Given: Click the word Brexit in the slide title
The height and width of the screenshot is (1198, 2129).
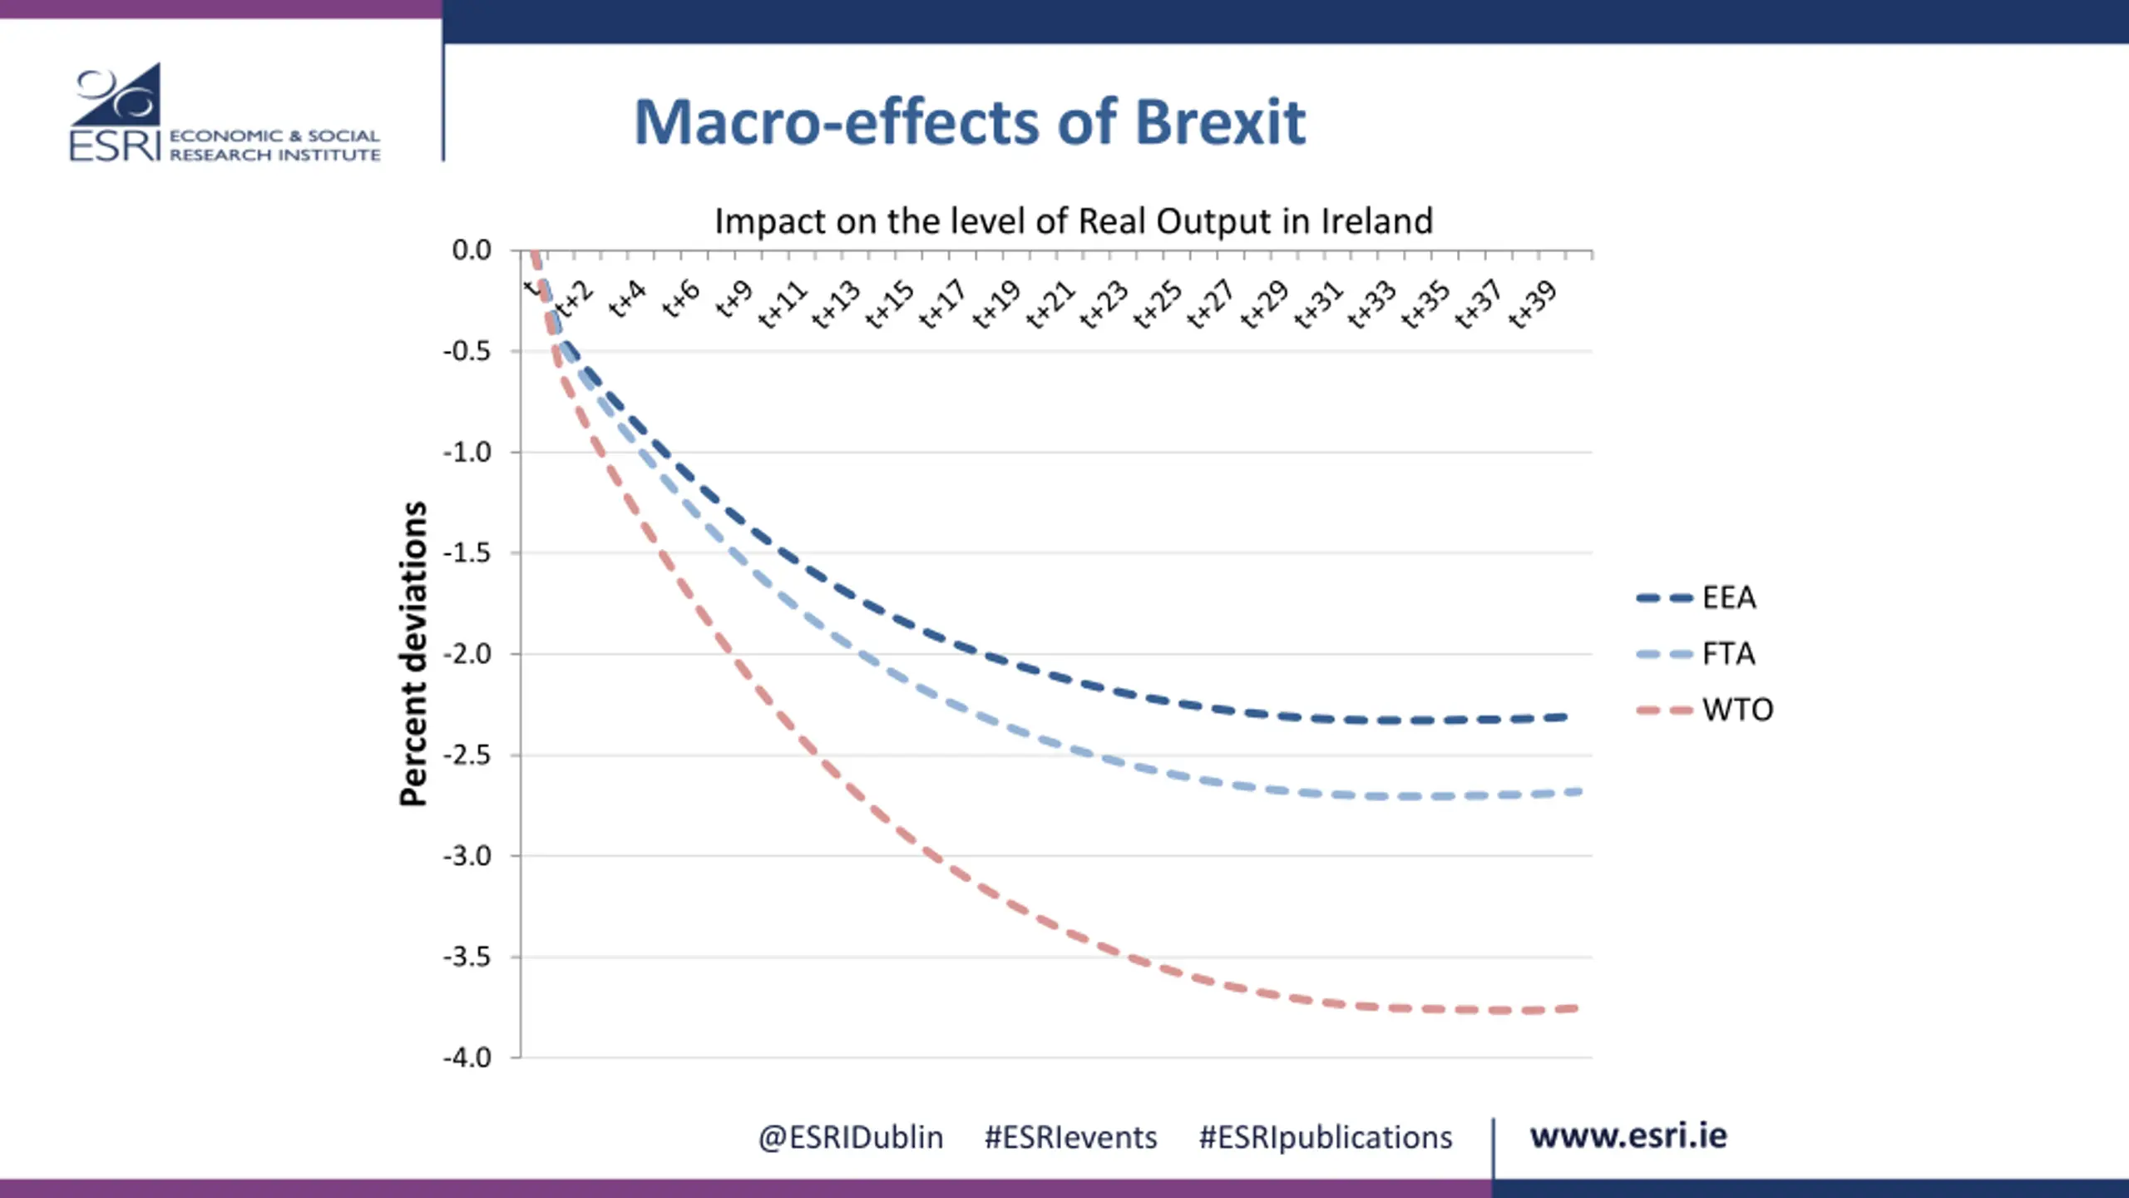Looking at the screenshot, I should click(x=1220, y=123).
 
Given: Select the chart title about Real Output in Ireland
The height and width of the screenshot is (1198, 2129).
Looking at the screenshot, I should click(x=1074, y=221).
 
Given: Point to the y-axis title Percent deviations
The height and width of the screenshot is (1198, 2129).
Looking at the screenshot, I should click(x=413, y=654).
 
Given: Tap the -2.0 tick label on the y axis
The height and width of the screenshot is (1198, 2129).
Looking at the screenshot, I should click(x=467, y=655).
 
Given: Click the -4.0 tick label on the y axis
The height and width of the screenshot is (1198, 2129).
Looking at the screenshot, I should click(x=467, y=1058).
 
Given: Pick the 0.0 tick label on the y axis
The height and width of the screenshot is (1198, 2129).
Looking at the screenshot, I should click(x=472, y=250).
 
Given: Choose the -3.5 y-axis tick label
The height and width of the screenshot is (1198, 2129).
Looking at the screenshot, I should click(x=467, y=958).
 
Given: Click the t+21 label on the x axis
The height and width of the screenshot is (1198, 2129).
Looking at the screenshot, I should click(x=1050, y=305).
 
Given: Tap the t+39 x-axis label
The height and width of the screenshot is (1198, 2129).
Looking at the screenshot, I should click(x=1532, y=305).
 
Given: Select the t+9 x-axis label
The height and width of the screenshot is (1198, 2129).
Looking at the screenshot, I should click(x=734, y=299).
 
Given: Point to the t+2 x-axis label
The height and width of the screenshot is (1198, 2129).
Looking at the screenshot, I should click(x=575, y=299).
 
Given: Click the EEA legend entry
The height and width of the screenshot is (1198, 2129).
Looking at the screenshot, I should click(x=1728, y=598).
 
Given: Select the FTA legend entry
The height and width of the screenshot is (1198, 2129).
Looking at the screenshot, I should click(x=1728, y=654).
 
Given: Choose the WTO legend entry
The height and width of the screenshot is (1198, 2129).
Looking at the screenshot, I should click(x=1736, y=710).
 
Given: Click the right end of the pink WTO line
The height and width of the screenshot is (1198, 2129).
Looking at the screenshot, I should click(x=1574, y=1009).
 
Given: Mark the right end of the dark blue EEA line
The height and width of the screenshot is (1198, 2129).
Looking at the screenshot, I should click(x=1563, y=717).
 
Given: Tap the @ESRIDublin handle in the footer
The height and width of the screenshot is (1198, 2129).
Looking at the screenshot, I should click(x=850, y=1137).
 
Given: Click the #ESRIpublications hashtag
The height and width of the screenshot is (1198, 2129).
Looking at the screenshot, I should click(x=1325, y=1137).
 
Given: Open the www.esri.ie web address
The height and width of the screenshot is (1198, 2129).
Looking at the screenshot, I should click(x=1628, y=1136).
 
